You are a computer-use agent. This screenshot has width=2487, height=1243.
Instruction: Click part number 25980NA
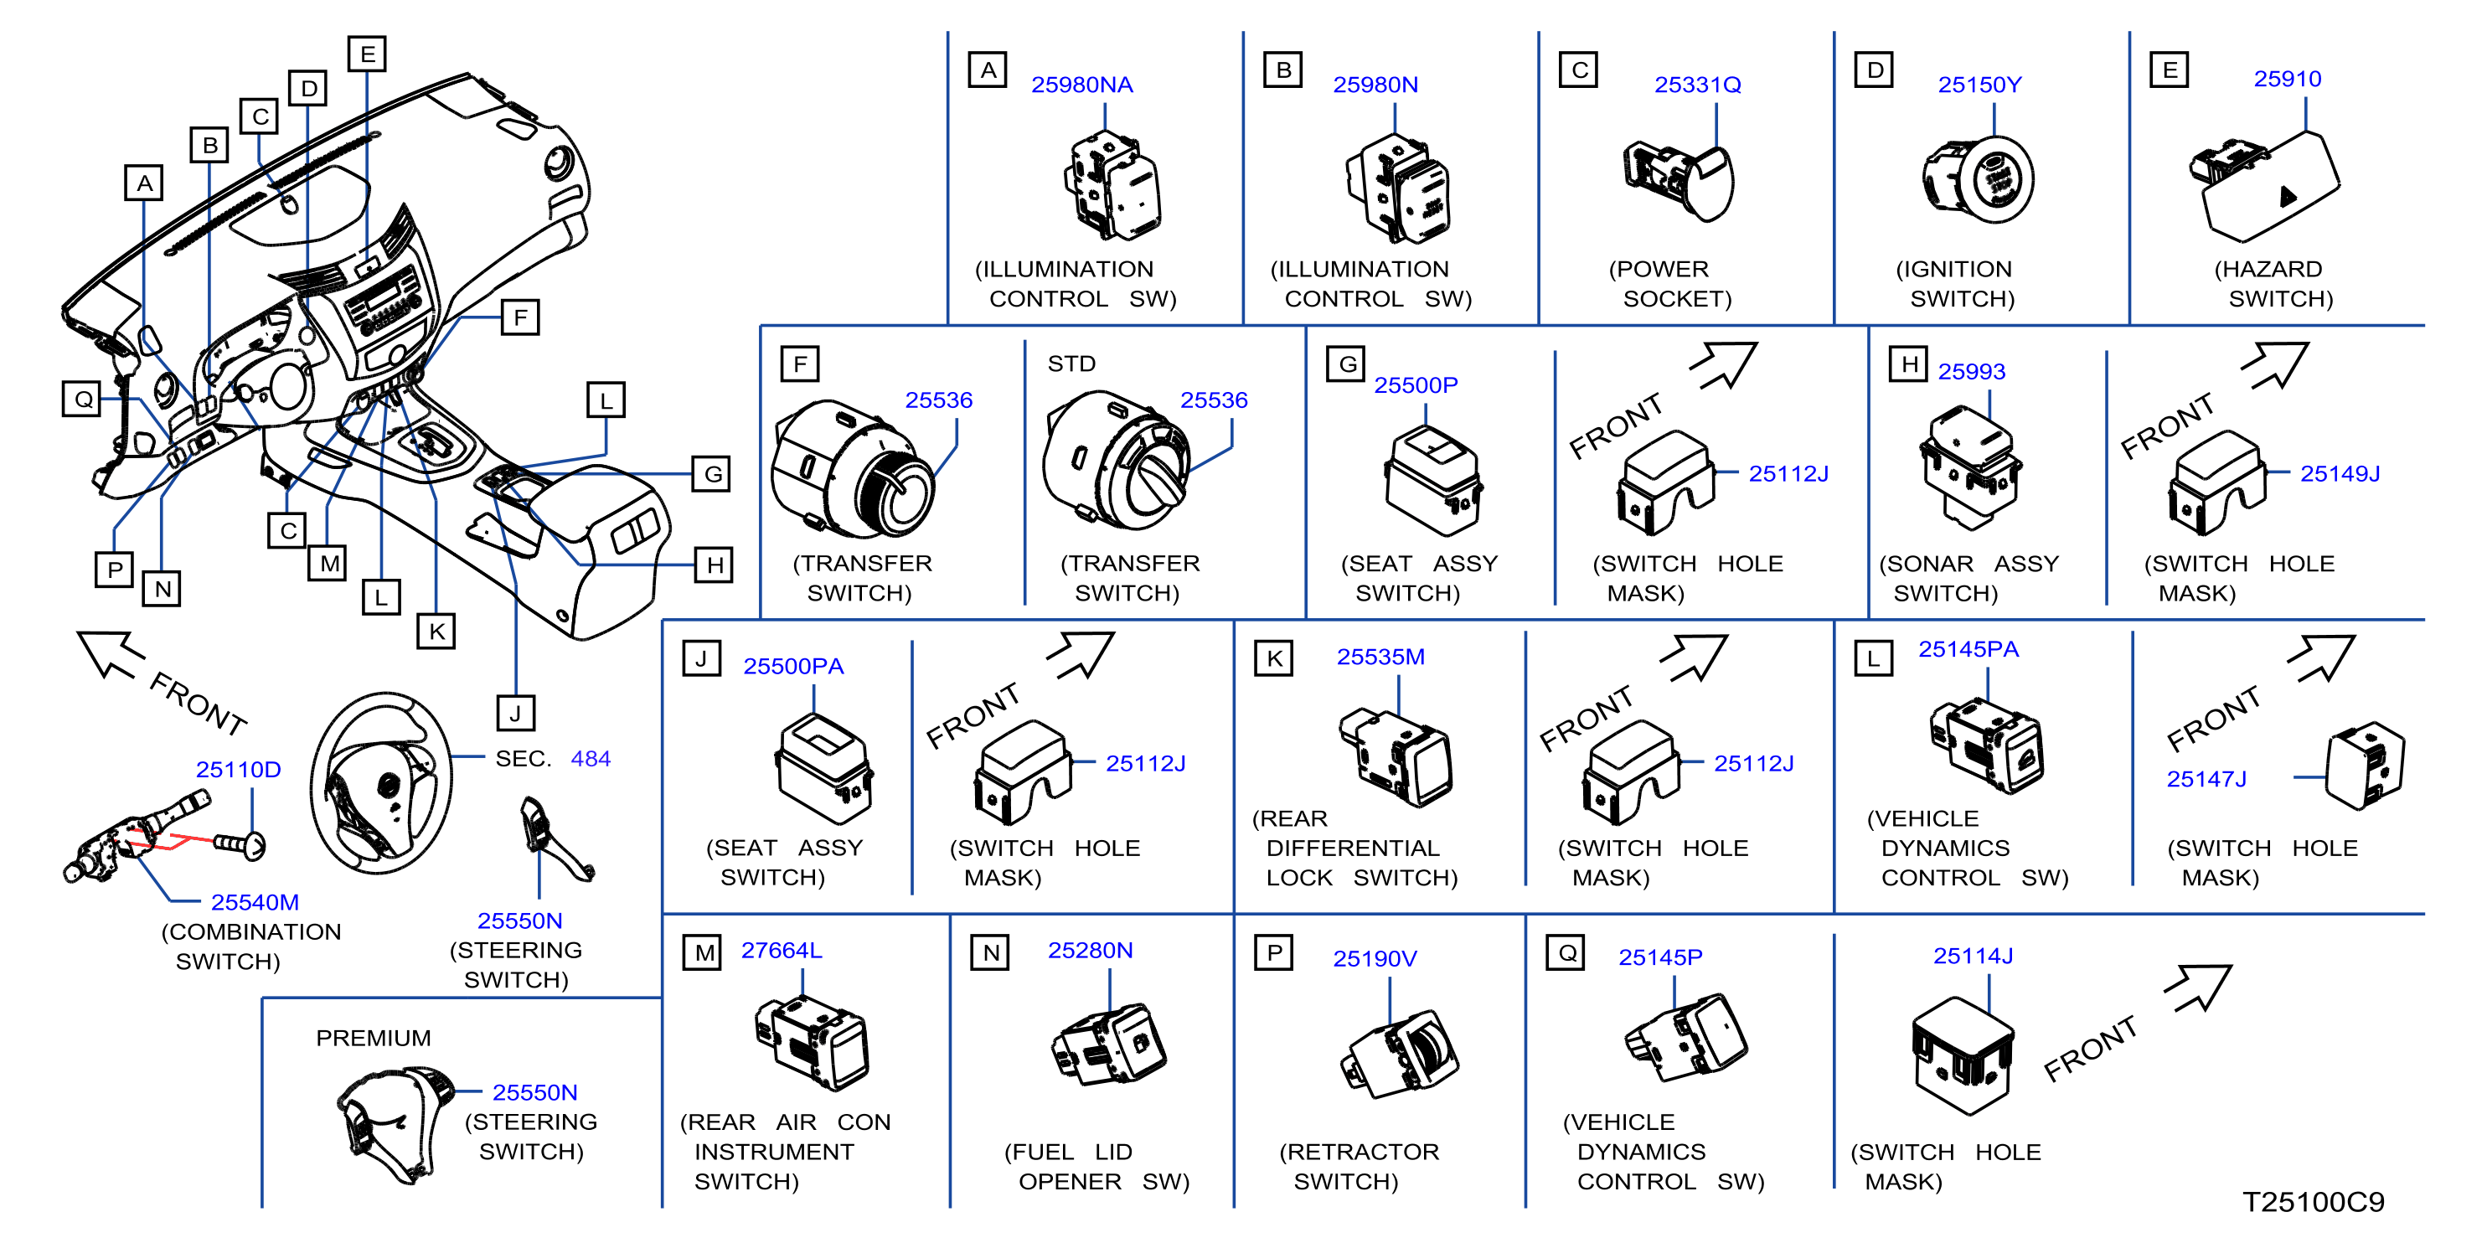(1081, 85)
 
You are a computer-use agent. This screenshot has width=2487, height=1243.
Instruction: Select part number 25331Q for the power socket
(1697, 85)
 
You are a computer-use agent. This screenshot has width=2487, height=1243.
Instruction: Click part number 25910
(2287, 79)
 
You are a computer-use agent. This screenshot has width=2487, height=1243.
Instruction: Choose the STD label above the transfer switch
(1071, 364)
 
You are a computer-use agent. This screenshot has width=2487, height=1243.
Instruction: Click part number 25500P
(1416, 385)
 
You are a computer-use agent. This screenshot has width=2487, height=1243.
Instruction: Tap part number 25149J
(2340, 474)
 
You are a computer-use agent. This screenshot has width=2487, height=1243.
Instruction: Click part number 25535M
(1380, 658)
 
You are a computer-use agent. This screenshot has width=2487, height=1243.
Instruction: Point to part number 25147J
(2206, 779)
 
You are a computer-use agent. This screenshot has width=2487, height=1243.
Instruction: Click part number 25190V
(1375, 958)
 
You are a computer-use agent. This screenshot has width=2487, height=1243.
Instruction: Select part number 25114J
(1973, 957)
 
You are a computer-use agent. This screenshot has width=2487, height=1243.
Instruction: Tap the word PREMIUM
(374, 1039)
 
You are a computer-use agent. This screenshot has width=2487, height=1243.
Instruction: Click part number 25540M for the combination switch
(255, 902)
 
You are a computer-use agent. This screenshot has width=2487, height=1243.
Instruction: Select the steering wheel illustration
(381, 782)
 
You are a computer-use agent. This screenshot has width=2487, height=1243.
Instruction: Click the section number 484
(590, 760)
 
